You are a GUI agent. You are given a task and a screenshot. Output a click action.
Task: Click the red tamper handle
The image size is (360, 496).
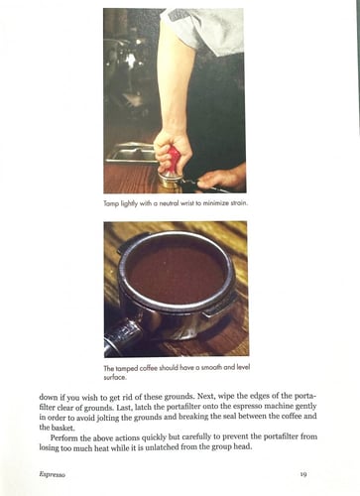[x=173, y=159]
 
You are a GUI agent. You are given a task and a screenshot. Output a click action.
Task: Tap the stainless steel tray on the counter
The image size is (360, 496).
[x=130, y=151]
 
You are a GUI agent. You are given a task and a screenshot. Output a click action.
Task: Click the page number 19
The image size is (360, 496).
[x=303, y=475]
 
